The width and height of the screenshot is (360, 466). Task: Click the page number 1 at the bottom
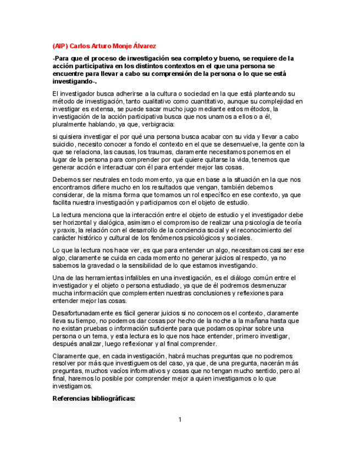pos(180,420)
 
